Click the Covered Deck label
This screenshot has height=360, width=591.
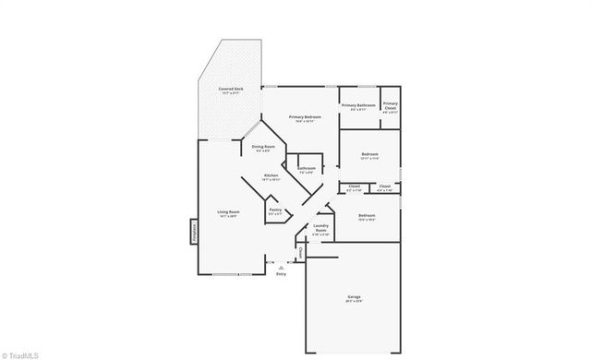click(231, 88)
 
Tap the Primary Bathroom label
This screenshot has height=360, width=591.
click(358, 104)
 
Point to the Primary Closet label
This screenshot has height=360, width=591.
click(391, 104)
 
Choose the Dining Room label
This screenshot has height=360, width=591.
click(263, 146)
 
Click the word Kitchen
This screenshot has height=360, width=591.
click(271, 174)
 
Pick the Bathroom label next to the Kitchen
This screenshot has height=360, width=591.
click(306, 168)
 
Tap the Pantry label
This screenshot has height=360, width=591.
click(275, 210)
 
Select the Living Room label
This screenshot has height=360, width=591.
click(228, 212)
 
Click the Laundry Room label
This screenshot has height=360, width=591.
click(321, 228)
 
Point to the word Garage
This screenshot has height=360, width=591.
click(355, 297)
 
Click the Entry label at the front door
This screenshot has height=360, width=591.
click(281, 274)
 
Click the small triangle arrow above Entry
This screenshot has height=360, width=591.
click(281, 267)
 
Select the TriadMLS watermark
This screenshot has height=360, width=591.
click(21, 353)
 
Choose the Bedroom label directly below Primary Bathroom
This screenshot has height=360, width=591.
click(369, 153)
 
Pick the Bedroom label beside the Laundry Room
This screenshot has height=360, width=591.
click(366, 215)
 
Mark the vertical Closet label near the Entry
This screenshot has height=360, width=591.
click(299, 251)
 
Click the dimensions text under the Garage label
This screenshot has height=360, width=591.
click(355, 302)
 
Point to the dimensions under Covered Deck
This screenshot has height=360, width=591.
click(231, 92)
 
